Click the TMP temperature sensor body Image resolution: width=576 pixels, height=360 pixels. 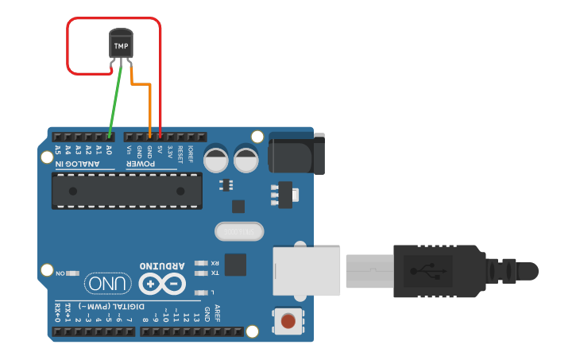(x=121, y=45)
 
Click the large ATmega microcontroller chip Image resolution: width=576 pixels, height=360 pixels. (x=126, y=191)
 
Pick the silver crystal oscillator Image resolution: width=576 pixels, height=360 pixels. (x=238, y=231)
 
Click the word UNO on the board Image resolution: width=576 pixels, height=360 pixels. (x=106, y=283)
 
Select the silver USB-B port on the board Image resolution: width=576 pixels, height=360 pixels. (x=307, y=271)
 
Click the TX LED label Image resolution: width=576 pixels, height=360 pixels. (x=215, y=273)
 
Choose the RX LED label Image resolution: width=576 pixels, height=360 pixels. (x=215, y=262)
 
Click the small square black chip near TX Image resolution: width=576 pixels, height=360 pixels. (x=235, y=265)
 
